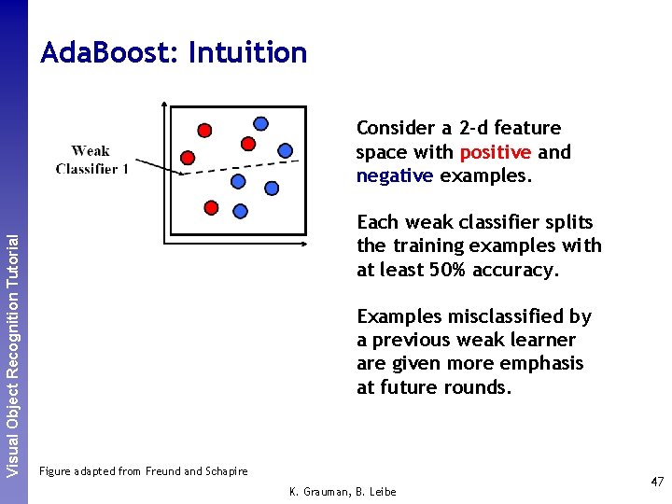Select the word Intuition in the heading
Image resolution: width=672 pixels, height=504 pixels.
[x=247, y=53]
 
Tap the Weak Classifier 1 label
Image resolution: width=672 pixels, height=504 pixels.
[x=91, y=160]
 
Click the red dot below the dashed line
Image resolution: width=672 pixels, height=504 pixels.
[x=211, y=206]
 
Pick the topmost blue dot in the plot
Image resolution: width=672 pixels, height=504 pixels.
[x=261, y=123]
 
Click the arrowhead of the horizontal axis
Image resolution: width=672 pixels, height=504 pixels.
[x=304, y=245]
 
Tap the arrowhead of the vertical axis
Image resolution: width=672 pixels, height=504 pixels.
[x=163, y=105]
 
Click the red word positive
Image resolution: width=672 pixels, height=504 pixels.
[x=495, y=152]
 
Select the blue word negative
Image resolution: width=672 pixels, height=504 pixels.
[x=395, y=175]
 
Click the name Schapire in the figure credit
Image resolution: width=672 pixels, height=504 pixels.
[x=224, y=471]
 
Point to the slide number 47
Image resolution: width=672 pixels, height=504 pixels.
[x=657, y=482]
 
